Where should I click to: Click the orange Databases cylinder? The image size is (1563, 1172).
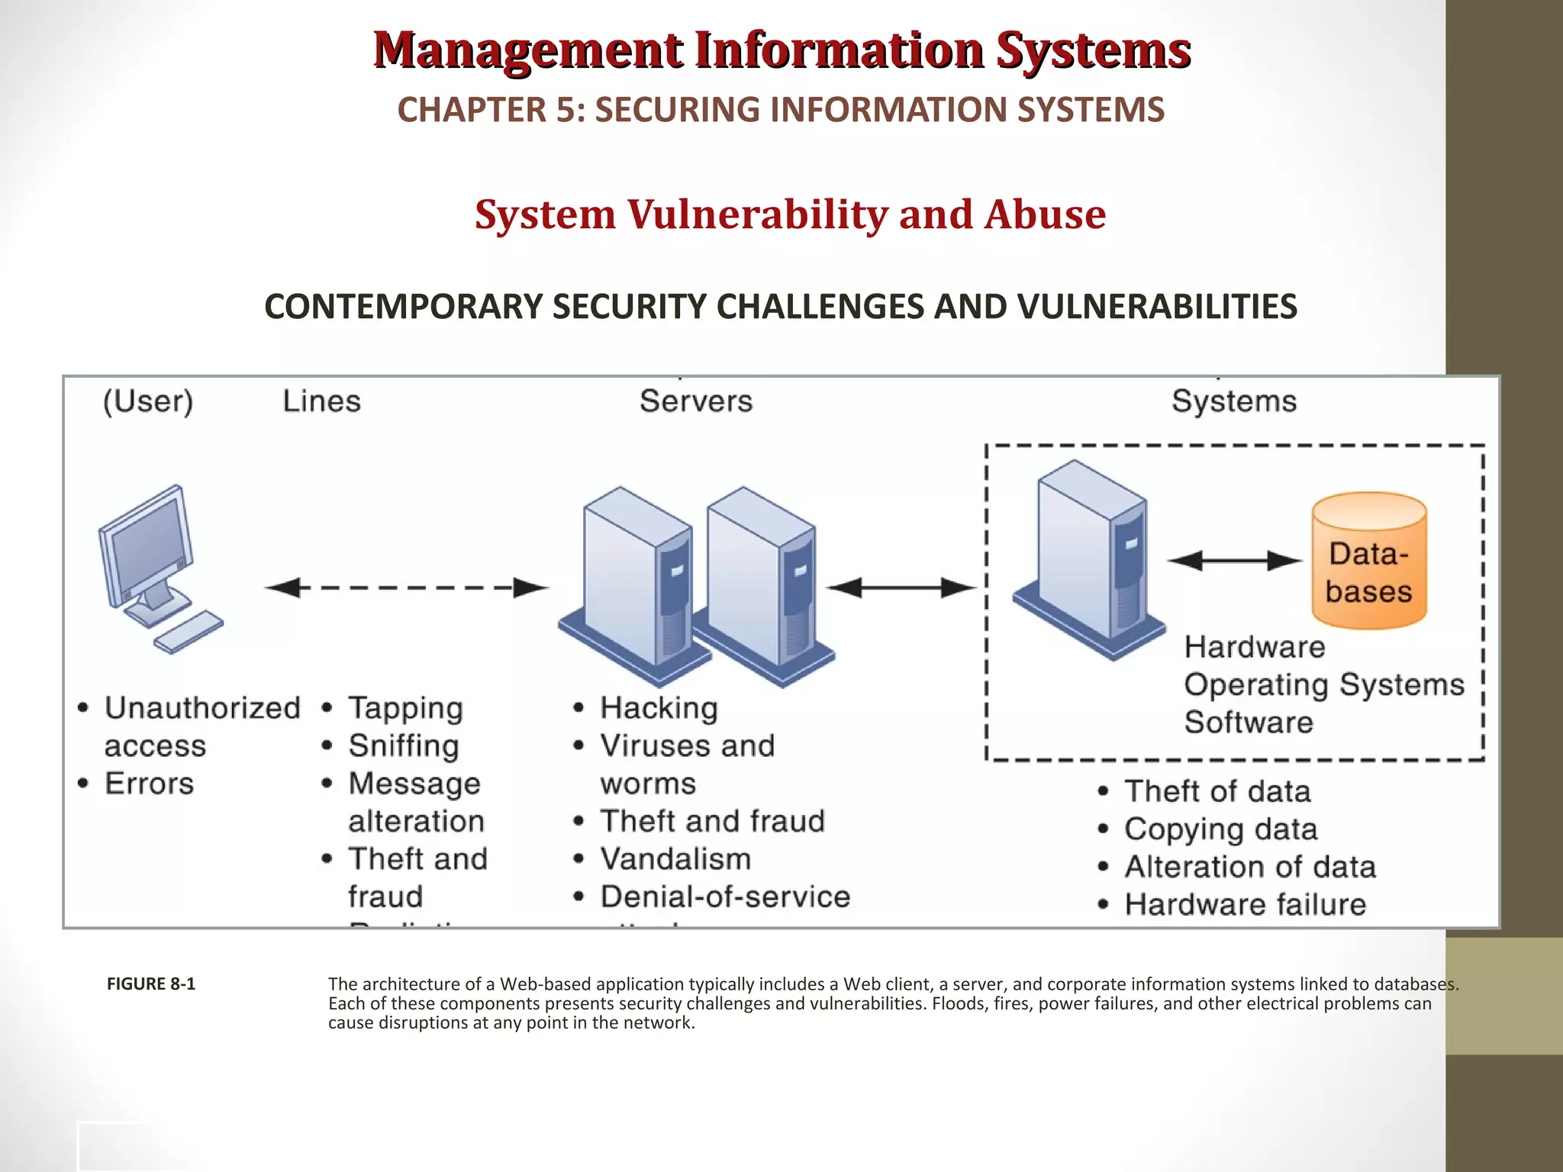click(x=1368, y=561)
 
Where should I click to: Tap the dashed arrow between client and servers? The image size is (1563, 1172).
click(x=406, y=588)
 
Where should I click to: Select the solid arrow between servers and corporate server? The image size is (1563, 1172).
click(x=901, y=588)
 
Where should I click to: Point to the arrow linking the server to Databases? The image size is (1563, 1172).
click(x=1234, y=561)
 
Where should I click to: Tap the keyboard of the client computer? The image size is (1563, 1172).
click(x=188, y=632)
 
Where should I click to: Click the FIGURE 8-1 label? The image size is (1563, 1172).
click(x=150, y=984)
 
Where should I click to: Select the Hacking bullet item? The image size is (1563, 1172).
click(x=659, y=708)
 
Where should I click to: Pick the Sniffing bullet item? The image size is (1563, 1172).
click(x=404, y=745)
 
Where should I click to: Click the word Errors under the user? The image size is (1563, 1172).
click(x=149, y=784)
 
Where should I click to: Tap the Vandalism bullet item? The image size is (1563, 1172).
click(x=675, y=859)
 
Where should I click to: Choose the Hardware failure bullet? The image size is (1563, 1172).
click(x=1245, y=905)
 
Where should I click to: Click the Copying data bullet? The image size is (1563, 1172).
click(x=1220, y=829)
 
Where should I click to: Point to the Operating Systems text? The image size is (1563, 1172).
click(x=1323, y=684)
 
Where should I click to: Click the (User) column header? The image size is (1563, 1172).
click(x=148, y=401)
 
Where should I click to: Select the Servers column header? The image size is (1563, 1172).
click(x=696, y=401)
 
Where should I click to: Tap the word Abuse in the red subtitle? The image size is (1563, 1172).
click(x=1045, y=214)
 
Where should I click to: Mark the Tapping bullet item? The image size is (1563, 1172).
click(x=405, y=708)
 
